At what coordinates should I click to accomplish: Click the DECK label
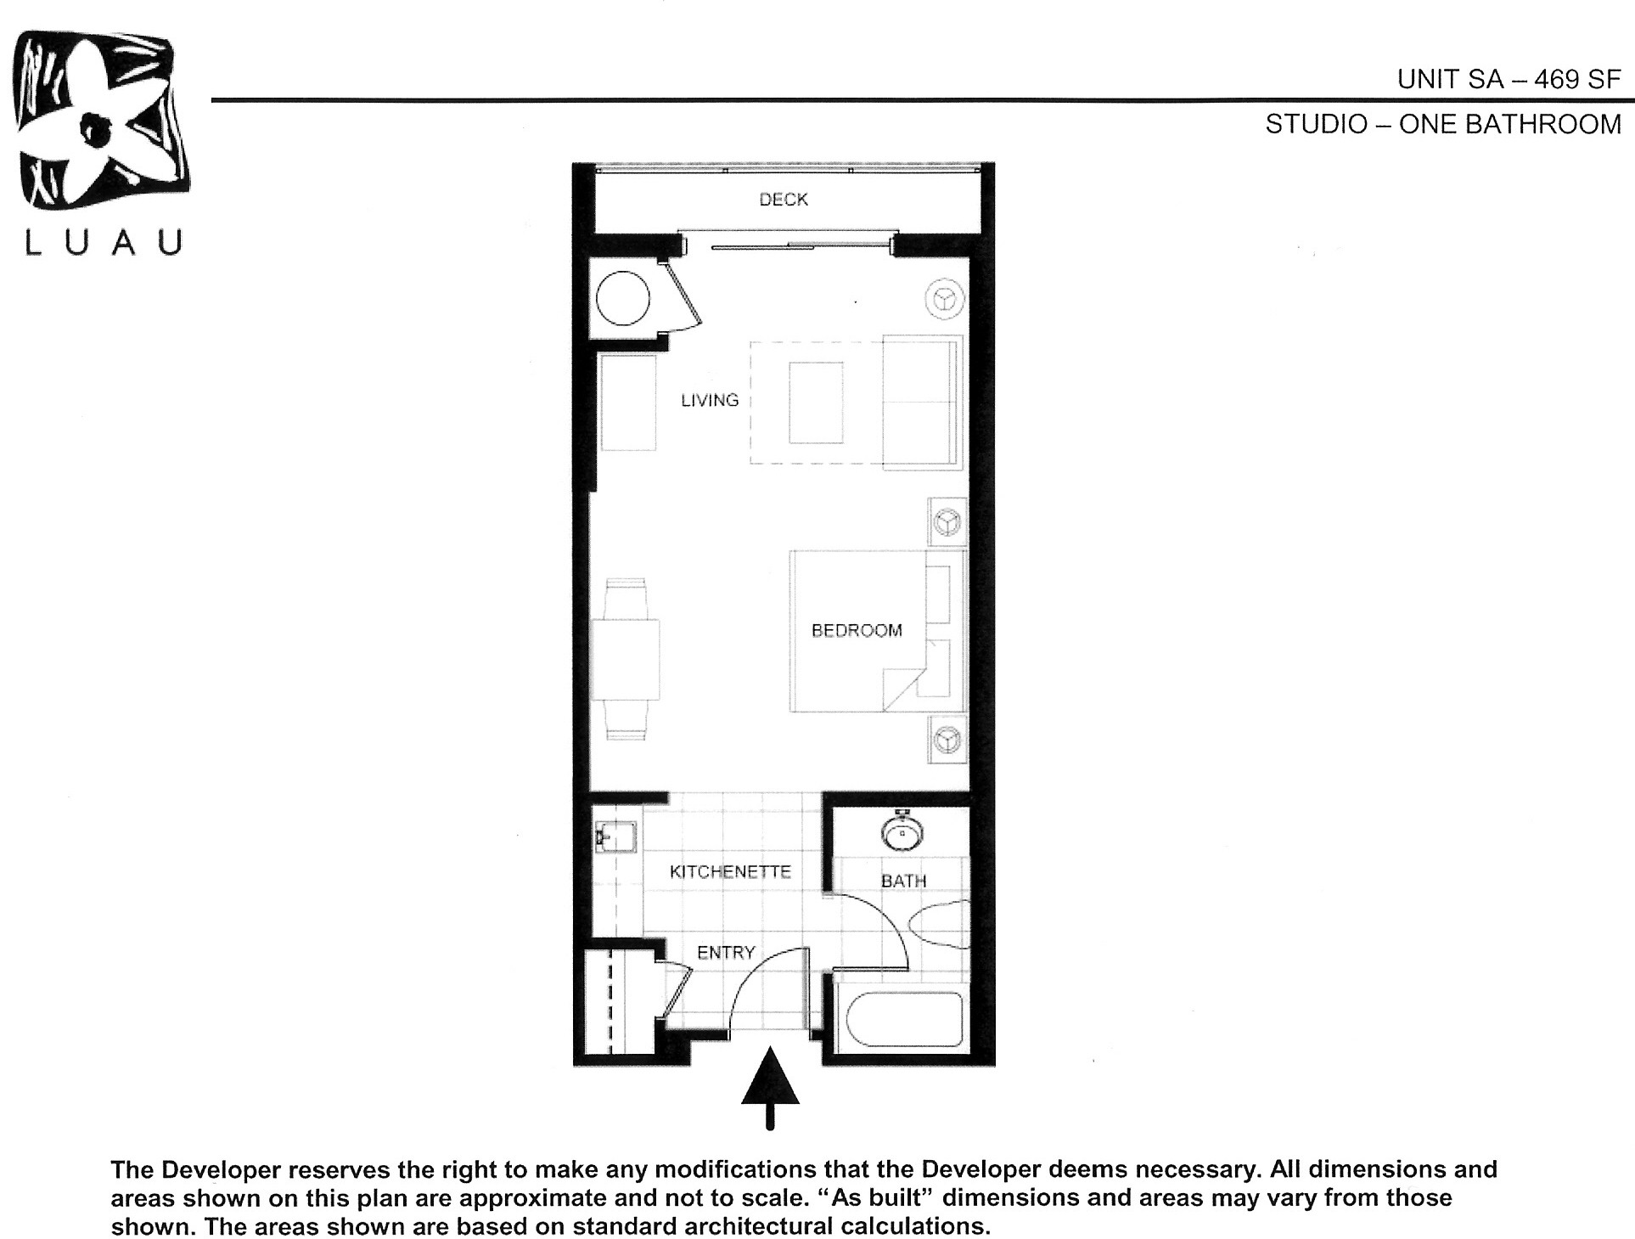[783, 200]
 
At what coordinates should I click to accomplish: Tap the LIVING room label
[710, 400]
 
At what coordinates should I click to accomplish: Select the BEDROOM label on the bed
[856, 630]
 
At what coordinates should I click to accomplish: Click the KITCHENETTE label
[729, 871]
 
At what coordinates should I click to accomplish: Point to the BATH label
[902, 881]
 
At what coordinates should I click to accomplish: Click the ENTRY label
[726, 952]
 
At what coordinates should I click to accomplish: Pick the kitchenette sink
[615, 836]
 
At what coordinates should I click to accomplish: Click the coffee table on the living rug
[816, 403]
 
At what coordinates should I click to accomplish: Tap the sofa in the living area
[922, 403]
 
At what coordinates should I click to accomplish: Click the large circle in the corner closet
[623, 298]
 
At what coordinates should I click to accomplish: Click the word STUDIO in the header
[1316, 125]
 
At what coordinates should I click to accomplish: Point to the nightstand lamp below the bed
[946, 740]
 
